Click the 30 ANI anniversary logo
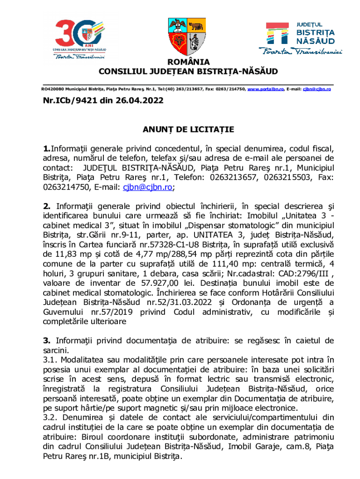[79, 39]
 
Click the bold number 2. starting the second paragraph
[47, 206]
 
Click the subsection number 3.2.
[50, 417]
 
